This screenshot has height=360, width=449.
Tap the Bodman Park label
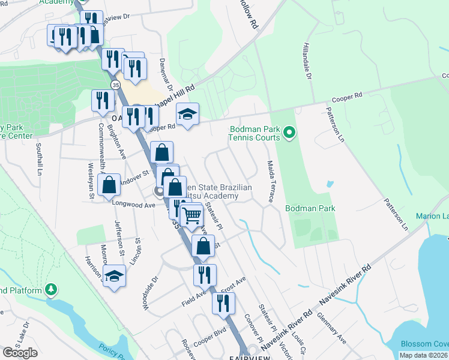(310, 208)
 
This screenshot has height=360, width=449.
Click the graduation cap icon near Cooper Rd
(187, 114)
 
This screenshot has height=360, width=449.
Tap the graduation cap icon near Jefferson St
(113, 275)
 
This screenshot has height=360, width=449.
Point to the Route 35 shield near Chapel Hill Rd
(114, 83)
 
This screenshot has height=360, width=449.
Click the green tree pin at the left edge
(52, 290)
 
